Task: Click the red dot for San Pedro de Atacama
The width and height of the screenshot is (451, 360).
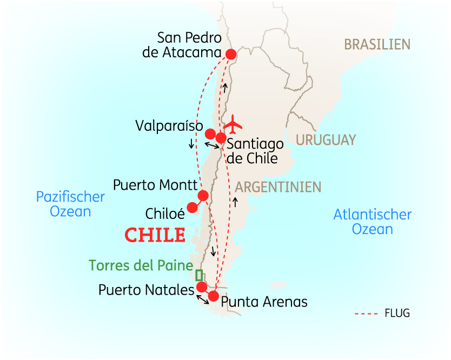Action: (x=231, y=54)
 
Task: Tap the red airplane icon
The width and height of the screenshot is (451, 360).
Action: (x=233, y=124)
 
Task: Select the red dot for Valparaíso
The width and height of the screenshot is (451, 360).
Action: (x=210, y=134)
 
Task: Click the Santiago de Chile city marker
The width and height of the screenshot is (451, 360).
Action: (x=221, y=138)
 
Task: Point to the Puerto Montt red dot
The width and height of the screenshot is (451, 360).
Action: (x=203, y=195)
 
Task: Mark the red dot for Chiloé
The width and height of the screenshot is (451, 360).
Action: (x=192, y=207)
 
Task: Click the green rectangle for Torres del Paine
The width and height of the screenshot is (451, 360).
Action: (x=199, y=274)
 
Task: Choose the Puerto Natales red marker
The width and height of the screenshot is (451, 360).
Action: (x=202, y=286)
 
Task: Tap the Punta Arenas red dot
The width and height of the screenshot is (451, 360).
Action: (x=214, y=296)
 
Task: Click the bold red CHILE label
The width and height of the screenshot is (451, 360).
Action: (x=155, y=235)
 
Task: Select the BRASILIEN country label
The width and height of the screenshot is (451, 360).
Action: (x=377, y=44)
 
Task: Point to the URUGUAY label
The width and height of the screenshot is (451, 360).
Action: (x=326, y=140)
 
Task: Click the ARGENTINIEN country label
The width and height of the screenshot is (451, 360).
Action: (x=278, y=187)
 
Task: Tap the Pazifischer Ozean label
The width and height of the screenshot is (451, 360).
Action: (x=70, y=204)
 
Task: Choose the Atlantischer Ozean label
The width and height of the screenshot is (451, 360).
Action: (x=372, y=222)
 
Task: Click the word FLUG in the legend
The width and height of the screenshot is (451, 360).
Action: (x=397, y=313)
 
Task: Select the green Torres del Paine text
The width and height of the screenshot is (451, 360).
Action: (x=141, y=265)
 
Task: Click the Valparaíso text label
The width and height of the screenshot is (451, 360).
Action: (x=169, y=125)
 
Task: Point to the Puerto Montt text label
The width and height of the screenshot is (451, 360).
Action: (x=155, y=185)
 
